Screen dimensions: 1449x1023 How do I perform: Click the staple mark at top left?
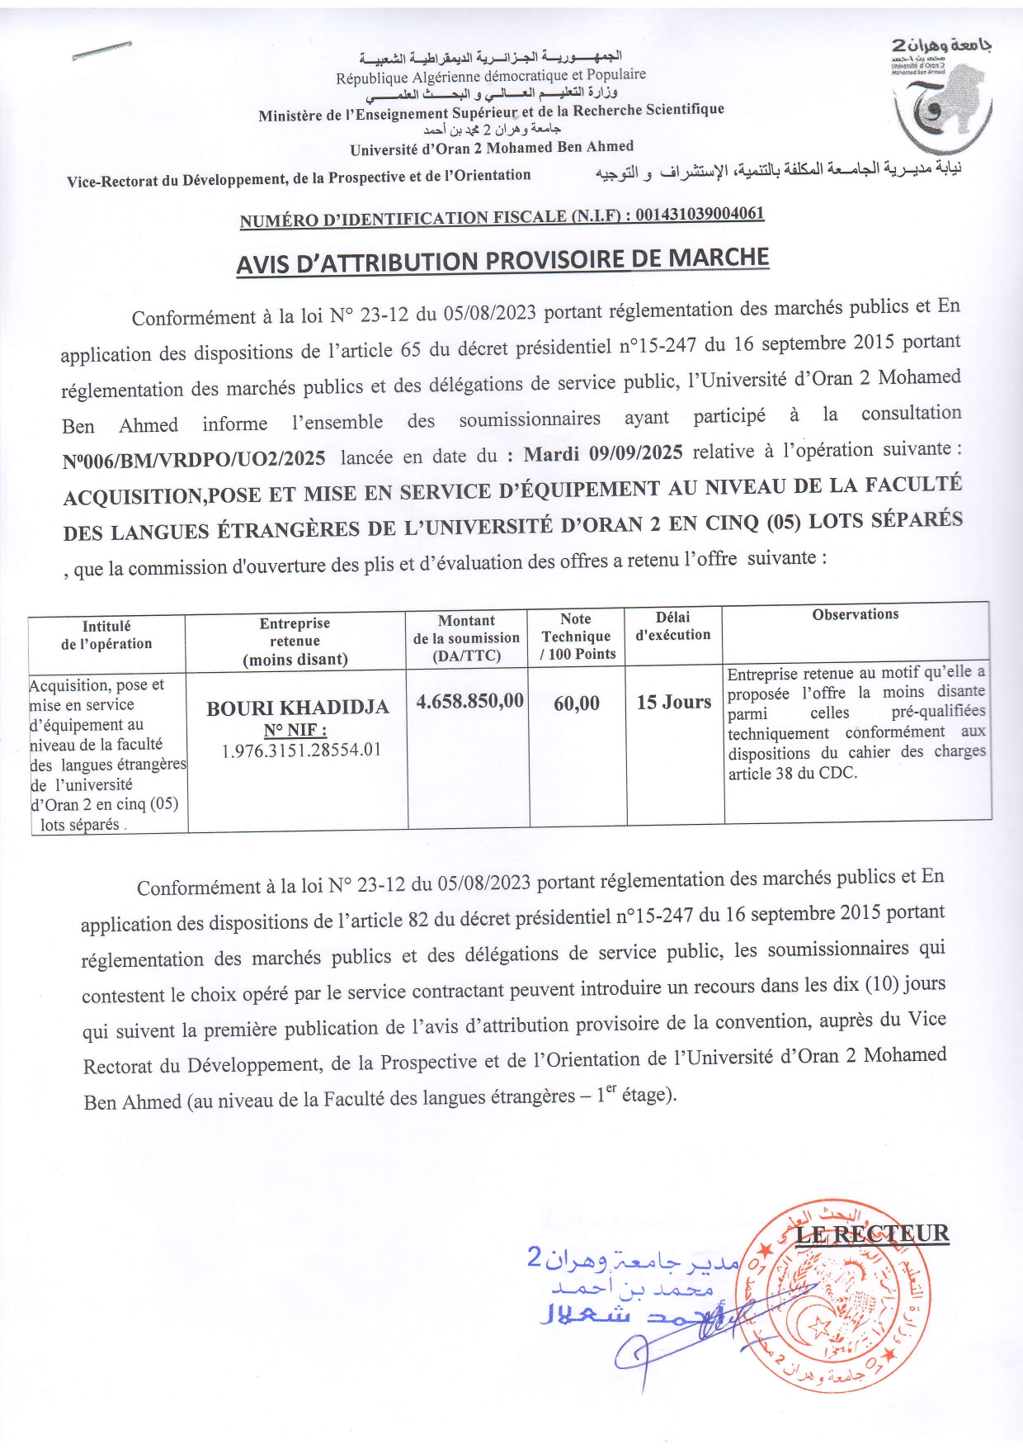(101, 50)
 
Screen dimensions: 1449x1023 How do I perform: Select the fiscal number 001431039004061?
(700, 214)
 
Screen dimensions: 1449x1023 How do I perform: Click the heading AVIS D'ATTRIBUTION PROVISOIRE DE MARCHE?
(502, 261)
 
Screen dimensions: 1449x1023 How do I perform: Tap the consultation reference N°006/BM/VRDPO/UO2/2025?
(194, 457)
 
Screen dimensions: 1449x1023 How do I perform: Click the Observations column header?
(855, 614)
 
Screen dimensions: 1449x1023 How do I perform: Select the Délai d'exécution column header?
(672, 626)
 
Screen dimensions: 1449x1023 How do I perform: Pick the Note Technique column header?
(577, 636)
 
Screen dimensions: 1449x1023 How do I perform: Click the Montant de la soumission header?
(466, 637)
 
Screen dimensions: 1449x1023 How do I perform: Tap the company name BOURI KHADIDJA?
(297, 708)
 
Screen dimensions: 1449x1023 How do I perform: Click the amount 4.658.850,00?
(469, 701)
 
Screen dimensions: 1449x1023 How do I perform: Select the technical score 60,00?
(577, 703)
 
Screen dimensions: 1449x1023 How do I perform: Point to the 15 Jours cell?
(673, 702)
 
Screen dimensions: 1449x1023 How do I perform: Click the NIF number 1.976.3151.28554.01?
(301, 751)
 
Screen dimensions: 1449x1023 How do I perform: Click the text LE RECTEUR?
(872, 1234)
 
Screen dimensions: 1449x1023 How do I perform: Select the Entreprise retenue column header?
(295, 641)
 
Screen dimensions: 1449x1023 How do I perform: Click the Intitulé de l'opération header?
(106, 635)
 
